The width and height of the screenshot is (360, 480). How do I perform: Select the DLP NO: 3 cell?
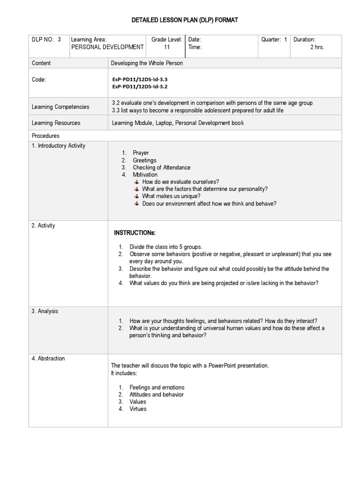[46, 40]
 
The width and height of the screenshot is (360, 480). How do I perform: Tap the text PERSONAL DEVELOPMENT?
[107, 47]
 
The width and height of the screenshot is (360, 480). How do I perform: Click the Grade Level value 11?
[166, 47]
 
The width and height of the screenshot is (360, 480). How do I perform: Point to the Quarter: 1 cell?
[274, 40]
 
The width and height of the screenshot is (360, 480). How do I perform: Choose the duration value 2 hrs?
[317, 47]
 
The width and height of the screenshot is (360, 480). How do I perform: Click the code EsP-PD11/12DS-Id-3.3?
[140, 80]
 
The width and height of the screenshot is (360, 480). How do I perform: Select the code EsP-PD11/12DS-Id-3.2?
[140, 87]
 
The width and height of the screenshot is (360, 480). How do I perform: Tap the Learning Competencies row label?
[60, 107]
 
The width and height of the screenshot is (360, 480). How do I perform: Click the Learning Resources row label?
[56, 123]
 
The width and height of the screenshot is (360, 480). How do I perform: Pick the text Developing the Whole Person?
[147, 63]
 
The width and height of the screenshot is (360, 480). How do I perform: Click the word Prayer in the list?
[141, 153]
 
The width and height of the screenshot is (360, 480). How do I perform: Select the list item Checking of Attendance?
[161, 167]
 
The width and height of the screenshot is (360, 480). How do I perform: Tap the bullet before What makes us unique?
[136, 196]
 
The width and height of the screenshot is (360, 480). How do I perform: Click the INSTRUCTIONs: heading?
[135, 233]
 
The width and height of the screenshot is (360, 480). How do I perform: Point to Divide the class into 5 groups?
[165, 247]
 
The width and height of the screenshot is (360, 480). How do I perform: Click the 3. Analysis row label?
[45, 311]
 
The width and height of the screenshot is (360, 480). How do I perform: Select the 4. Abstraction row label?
[48, 359]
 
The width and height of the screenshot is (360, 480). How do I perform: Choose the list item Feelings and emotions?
[157, 387]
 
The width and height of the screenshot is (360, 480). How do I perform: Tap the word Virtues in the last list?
[138, 409]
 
